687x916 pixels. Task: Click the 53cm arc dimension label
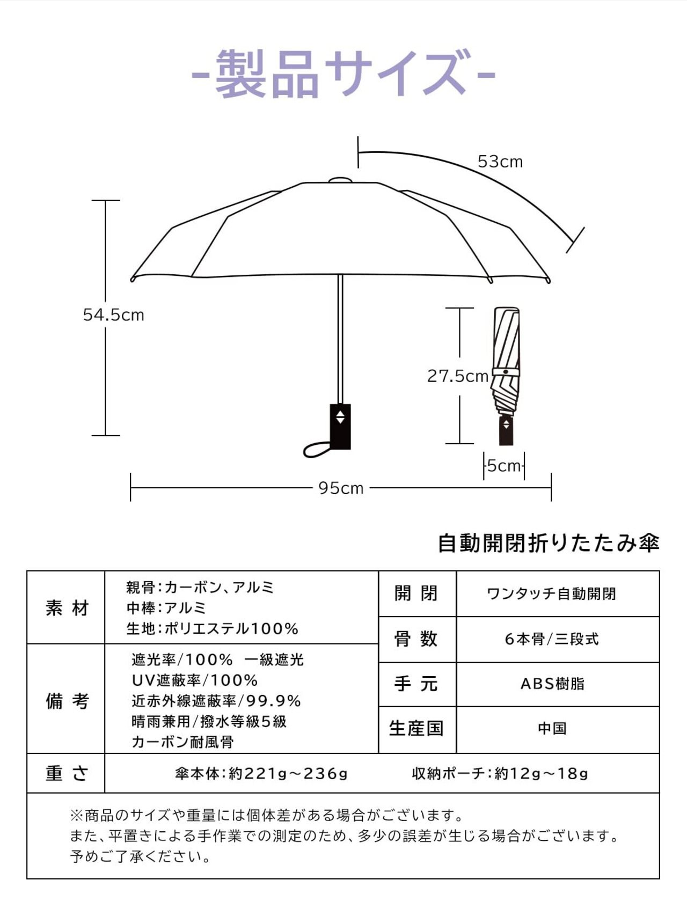pyautogui.click(x=500, y=162)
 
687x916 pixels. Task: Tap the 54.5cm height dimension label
pyautogui.click(x=114, y=315)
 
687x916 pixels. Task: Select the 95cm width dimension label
pyautogui.click(x=341, y=488)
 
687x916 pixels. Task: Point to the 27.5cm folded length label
pyautogui.click(x=457, y=376)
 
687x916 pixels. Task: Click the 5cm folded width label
pyautogui.click(x=504, y=466)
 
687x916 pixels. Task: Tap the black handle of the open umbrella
pyautogui.click(x=340, y=426)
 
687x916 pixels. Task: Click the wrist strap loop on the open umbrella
pyautogui.click(x=317, y=450)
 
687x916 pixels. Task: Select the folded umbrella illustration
pyautogui.click(x=506, y=376)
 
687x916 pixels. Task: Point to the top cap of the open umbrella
pyautogui.click(x=340, y=180)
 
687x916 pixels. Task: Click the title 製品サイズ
pyautogui.click(x=343, y=74)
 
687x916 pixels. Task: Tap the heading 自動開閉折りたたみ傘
pyautogui.click(x=548, y=543)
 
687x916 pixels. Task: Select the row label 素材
pyautogui.click(x=67, y=608)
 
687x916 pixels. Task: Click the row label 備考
pyautogui.click(x=67, y=700)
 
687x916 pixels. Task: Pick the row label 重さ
pyautogui.click(x=67, y=773)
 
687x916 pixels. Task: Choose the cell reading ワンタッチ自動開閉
pyautogui.click(x=551, y=594)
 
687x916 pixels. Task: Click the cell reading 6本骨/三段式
pyautogui.click(x=551, y=639)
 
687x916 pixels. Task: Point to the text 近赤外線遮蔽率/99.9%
pyautogui.click(x=216, y=701)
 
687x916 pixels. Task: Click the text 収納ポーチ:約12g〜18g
pyautogui.click(x=500, y=773)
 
